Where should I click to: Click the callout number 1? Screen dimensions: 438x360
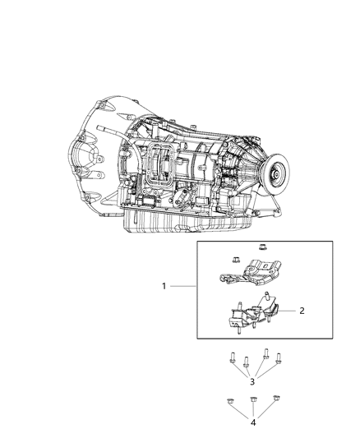[x=164, y=287]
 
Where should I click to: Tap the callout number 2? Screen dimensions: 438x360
[x=302, y=311]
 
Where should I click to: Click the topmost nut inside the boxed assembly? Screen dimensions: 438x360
[x=262, y=246]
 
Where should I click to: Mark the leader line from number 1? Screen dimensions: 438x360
[x=182, y=287]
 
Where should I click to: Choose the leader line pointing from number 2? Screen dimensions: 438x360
[x=288, y=311]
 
